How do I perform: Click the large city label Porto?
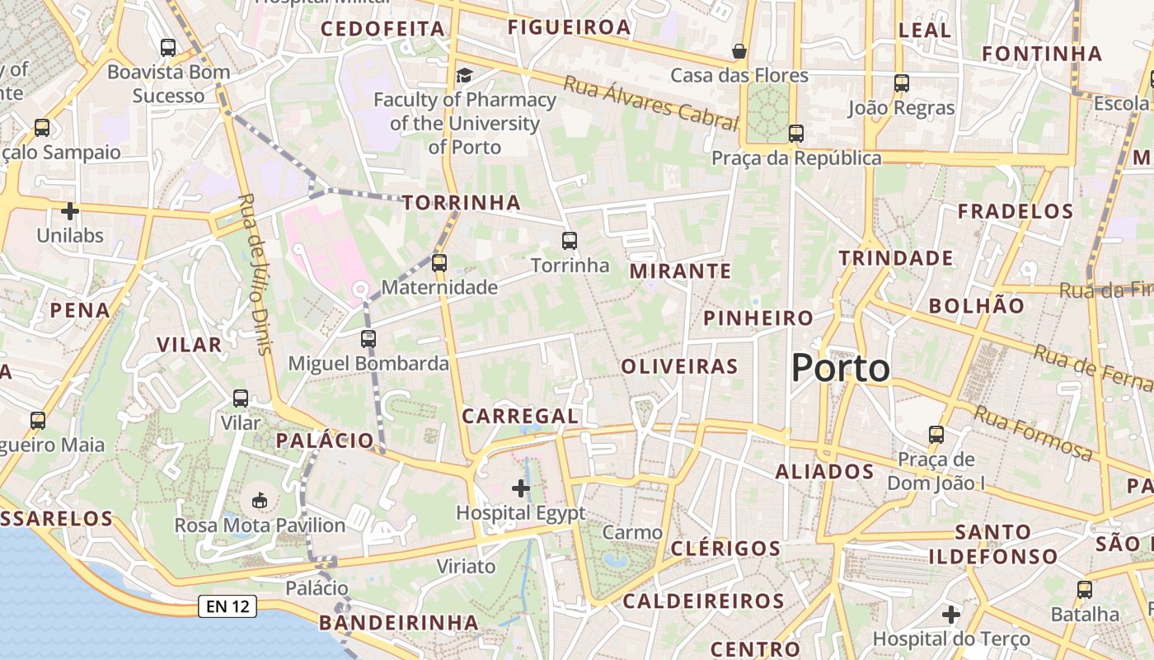[x=840, y=368]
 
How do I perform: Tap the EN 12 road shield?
[x=228, y=606]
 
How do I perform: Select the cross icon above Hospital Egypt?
[x=521, y=488]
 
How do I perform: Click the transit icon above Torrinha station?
[x=570, y=241]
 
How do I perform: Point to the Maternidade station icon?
[x=439, y=263]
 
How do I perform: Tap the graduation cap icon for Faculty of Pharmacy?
[x=465, y=76]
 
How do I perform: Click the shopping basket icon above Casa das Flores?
[x=739, y=51]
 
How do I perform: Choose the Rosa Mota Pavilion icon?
[x=260, y=500]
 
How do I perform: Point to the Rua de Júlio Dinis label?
[x=255, y=274]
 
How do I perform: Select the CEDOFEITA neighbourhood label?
[x=382, y=29]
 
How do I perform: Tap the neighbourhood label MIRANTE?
[x=680, y=271]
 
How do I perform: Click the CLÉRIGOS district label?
[x=725, y=548]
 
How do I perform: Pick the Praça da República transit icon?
[x=795, y=133]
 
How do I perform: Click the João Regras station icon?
[x=902, y=83]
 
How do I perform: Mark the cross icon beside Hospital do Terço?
[x=951, y=615]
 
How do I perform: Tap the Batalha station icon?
[x=1085, y=590]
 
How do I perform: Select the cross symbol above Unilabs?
[x=70, y=211]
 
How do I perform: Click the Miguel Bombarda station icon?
[x=368, y=339]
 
